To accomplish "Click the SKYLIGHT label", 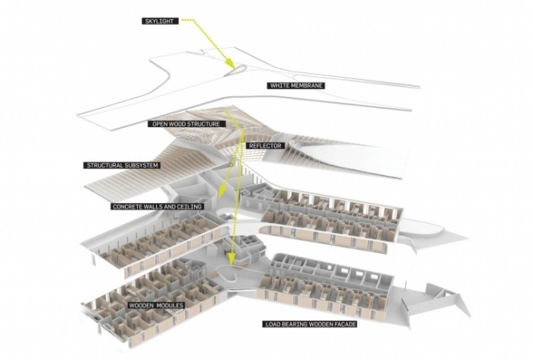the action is (x=159, y=21).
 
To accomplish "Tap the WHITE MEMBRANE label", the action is (x=295, y=85).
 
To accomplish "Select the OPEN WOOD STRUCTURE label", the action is (x=187, y=124).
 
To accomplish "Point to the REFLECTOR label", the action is (x=265, y=145).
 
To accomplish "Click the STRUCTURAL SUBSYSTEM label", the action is (x=123, y=165).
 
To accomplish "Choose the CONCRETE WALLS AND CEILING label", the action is (x=157, y=206).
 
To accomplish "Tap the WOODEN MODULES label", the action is (x=156, y=305).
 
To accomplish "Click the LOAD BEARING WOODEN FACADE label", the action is (x=311, y=324).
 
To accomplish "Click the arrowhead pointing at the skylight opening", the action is (x=229, y=63).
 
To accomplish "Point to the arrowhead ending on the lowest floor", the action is (x=231, y=260).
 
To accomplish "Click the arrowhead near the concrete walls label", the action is (x=219, y=193).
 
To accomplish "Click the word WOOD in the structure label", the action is (x=176, y=124).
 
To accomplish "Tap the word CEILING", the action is (x=190, y=206).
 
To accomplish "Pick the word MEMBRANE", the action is (x=308, y=85).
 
